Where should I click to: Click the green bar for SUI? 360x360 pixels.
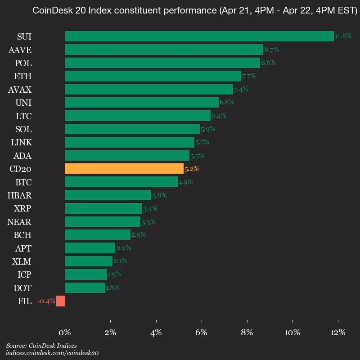coord(199,36)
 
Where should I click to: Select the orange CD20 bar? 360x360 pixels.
coord(124,168)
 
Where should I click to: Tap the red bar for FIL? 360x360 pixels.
coord(61,301)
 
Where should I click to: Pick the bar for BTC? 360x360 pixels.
coord(121,182)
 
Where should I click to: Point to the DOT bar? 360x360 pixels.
coord(85,288)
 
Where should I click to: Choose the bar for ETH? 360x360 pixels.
coord(153,76)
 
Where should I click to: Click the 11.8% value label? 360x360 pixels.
coord(343,36)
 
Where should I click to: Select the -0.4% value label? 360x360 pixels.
coord(47,301)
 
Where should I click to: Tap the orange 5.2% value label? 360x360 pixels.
coord(192,169)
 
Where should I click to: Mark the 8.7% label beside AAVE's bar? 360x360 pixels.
coord(272,49)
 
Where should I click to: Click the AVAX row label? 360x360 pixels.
coord(20,90)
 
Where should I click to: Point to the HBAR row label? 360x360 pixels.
coord(19,195)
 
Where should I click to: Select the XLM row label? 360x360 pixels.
coord(22,261)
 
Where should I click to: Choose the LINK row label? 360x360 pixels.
coord(21,142)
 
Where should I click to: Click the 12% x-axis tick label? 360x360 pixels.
coord(338,333)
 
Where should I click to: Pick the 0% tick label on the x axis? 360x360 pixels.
coord(65,333)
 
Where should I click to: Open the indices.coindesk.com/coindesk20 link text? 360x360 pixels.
coord(52,353)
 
